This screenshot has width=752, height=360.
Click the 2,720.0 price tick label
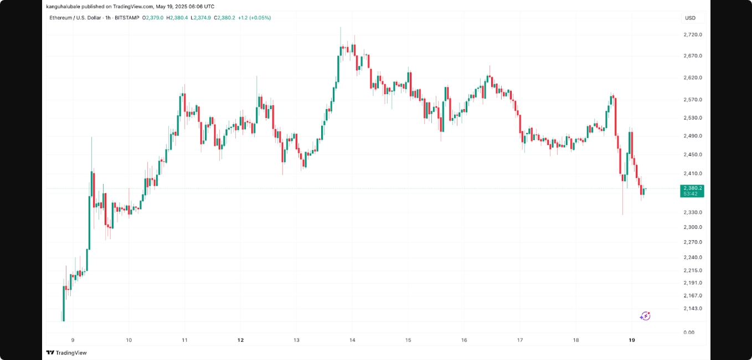[x=693, y=34]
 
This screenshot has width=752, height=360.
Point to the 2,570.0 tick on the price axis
[x=693, y=100]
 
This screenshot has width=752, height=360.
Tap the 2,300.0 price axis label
[x=693, y=227]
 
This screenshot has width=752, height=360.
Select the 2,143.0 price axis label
[x=693, y=308]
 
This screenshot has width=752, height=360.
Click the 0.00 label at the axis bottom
[x=689, y=332]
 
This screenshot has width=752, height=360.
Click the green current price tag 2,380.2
[x=692, y=188]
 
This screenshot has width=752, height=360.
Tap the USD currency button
[x=690, y=18]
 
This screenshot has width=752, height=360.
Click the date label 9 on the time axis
[x=73, y=340]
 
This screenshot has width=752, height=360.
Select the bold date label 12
[x=240, y=340]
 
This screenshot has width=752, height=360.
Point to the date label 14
[x=352, y=340]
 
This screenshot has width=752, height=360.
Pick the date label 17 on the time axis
[x=520, y=340]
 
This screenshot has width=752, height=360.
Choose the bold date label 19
[x=632, y=340]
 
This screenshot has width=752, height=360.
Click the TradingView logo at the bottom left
[x=66, y=353]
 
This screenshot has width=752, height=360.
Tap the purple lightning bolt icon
[x=645, y=316]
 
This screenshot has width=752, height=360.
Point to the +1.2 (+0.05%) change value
[x=254, y=18]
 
